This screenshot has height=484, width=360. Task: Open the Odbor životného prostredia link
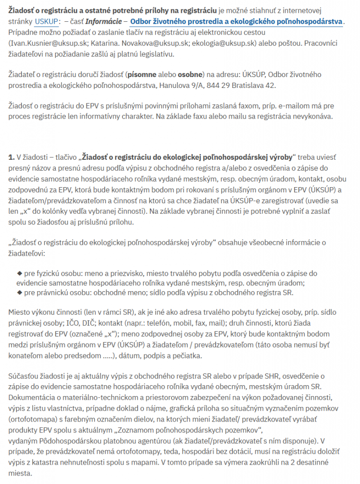pos(237,22)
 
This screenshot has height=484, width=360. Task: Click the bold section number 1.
pos(11,157)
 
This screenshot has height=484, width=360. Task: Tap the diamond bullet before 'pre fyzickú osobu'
pos(19,273)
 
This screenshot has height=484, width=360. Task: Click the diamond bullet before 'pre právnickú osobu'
pos(19,292)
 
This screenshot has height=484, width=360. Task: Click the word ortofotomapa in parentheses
pos(32,419)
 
